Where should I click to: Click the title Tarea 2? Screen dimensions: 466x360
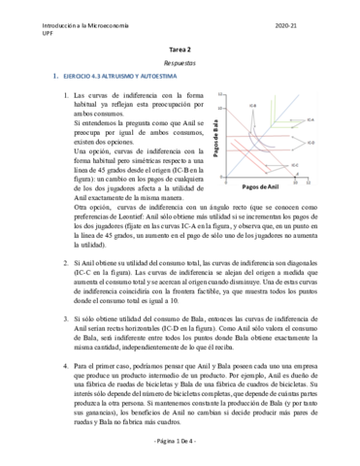click(x=180, y=46)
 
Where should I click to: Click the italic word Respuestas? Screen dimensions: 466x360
click(x=180, y=60)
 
